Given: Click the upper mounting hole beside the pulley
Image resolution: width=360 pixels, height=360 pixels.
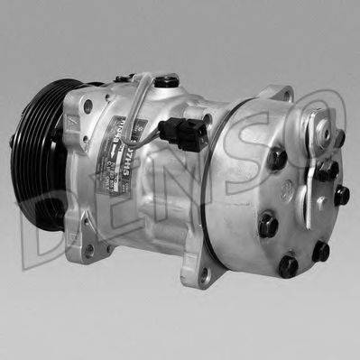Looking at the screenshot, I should tap(88, 107).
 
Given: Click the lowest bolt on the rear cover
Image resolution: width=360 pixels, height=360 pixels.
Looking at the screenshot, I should tap(288, 266).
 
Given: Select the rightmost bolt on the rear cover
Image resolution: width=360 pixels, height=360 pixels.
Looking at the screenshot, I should tap(341, 195).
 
